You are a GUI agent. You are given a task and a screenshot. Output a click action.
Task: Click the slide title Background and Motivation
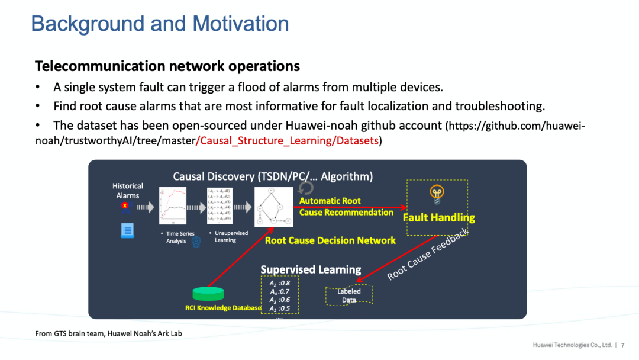(160, 24)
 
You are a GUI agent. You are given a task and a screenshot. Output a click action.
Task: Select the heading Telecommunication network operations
(167, 66)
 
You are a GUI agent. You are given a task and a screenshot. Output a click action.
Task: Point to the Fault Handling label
(438, 217)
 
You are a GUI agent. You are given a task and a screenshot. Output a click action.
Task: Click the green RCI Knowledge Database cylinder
(212, 294)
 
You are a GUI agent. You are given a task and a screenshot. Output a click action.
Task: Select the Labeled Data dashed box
(349, 295)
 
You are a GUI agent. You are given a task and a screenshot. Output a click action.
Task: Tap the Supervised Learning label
(311, 269)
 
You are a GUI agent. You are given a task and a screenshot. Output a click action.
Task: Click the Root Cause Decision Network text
(330, 240)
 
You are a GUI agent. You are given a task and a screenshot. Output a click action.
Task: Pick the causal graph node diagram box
(273, 207)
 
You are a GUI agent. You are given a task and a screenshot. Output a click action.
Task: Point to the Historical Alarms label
(128, 191)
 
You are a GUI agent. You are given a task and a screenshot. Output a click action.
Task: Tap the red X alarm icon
(125, 206)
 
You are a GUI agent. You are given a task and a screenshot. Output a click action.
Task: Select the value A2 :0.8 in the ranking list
(280, 282)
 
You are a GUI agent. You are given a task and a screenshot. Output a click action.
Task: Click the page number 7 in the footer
(622, 345)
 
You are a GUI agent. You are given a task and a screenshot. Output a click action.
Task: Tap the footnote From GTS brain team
(108, 333)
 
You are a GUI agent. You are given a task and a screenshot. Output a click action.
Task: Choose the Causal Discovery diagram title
(273, 176)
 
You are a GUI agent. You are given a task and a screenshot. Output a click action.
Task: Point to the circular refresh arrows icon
(306, 188)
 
